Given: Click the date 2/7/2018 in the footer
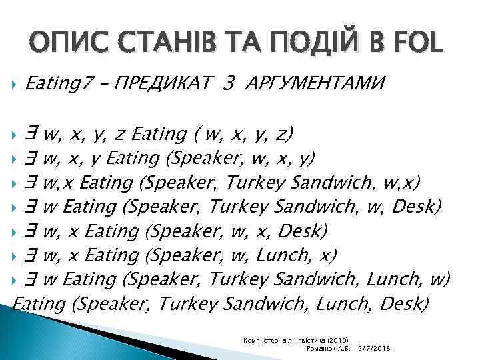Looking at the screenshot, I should (375, 349).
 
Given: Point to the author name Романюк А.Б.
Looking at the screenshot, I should (326, 349).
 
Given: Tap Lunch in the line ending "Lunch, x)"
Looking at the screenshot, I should (294, 255).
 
